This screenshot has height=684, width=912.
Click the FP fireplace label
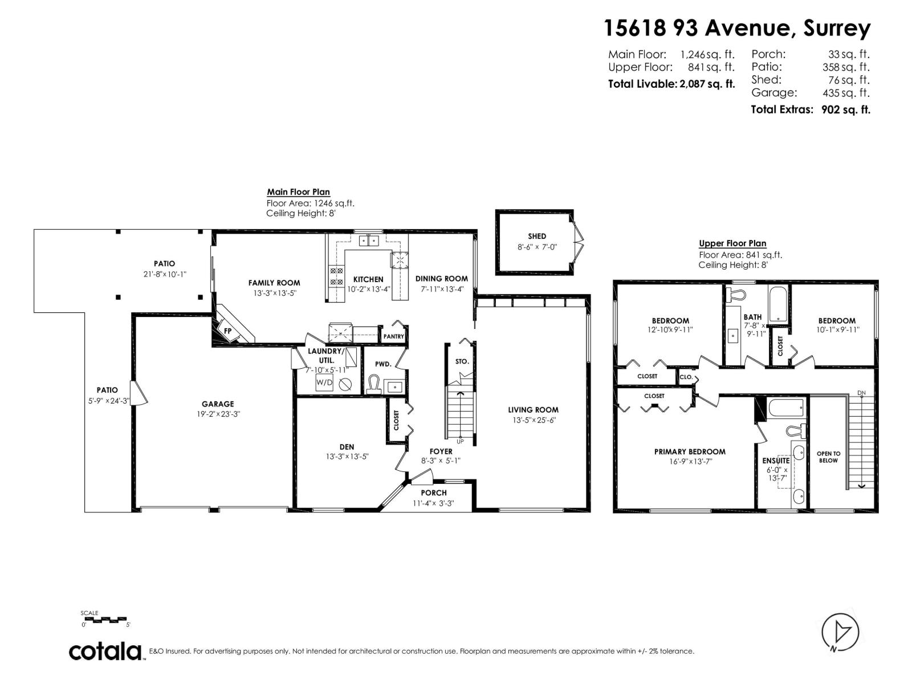pyautogui.click(x=227, y=331)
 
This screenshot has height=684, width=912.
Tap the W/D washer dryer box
pyautogui.click(x=324, y=382)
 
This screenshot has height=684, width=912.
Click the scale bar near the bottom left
pyautogui.click(x=105, y=619)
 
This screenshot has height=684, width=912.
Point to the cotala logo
pyautogui.click(x=106, y=651)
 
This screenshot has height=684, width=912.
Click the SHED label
pyautogui.click(x=536, y=236)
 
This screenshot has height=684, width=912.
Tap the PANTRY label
pyautogui.click(x=393, y=336)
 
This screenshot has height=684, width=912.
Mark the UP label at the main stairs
pyautogui.click(x=460, y=441)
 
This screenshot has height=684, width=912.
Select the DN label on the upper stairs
pyautogui.click(x=861, y=393)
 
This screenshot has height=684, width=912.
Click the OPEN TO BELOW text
pyautogui.click(x=828, y=457)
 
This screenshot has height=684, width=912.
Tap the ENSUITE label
pyautogui.click(x=776, y=461)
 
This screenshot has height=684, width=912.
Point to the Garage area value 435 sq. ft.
pyautogui.click(x=846, y=93)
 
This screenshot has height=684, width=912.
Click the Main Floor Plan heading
pyautogui.click(x=298, y=192)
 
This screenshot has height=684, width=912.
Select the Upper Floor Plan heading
pyautogui.click(x=732, y=243)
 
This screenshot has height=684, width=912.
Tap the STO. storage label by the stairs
pyautogui.click(x=462, y=361)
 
